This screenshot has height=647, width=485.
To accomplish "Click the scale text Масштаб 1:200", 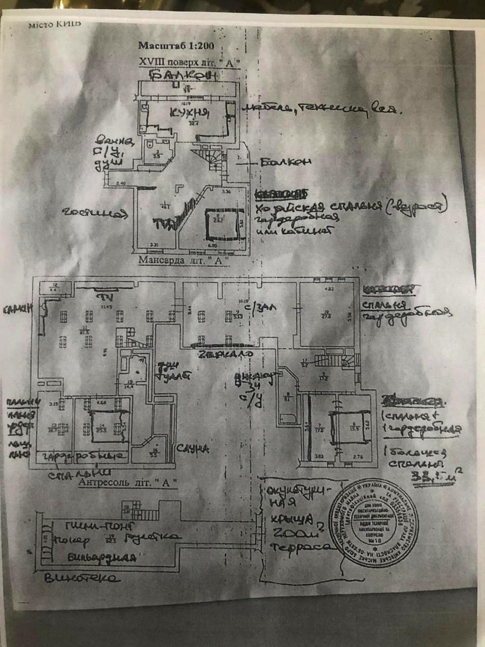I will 168,46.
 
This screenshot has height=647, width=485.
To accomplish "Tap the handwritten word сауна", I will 193,449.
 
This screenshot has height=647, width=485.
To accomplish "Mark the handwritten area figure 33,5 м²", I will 435,476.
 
